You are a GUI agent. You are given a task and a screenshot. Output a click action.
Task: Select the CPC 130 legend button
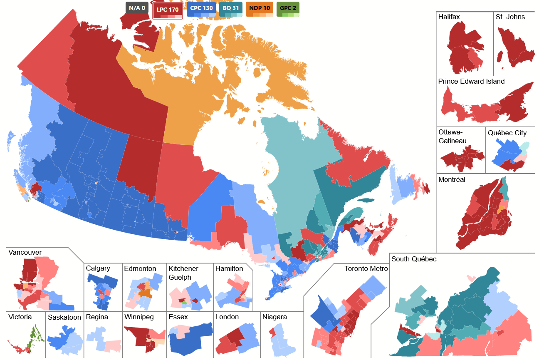pyautogui.click(x=201, y=8)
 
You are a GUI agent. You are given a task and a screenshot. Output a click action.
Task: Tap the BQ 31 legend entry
pyautogui.click(x=231, y=8)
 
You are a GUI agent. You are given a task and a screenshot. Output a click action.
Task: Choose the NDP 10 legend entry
pyautogui.click(x=260, y=8)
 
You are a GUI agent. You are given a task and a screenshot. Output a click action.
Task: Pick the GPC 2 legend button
pyautogui.click(x=288, y=8)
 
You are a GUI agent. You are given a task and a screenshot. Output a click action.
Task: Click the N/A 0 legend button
pyautogui.click(x=137, y=8)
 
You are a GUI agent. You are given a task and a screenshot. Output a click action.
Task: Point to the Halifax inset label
pyautogui.click(x=449, y=17)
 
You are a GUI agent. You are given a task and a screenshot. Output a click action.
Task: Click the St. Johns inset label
pyautogui.click(x=510, y=17)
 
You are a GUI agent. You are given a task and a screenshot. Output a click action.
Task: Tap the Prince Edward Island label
pyautogui.click(x=471, y=82)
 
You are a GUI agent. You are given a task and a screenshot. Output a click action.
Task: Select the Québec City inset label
pyautogui.click(x=507, y=133)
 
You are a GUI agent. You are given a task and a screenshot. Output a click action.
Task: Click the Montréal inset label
pyautogui.click(x=452, y=180)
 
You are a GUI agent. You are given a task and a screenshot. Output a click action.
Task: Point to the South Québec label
pyautogui.click(x=414, y=259)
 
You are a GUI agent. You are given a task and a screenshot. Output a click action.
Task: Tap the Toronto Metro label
pyautogui.click(x=366, y=269)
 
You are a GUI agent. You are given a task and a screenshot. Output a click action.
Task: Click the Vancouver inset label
pyautogui.click(x=25, y=253)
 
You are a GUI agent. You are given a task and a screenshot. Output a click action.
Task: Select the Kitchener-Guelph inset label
pyautogui.click(x=185, y=273)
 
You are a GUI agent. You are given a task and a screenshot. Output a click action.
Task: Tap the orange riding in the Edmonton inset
pyautogui.click(x=146, y=293)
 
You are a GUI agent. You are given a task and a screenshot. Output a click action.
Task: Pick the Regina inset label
pyautogui.click(x=96, y=317)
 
